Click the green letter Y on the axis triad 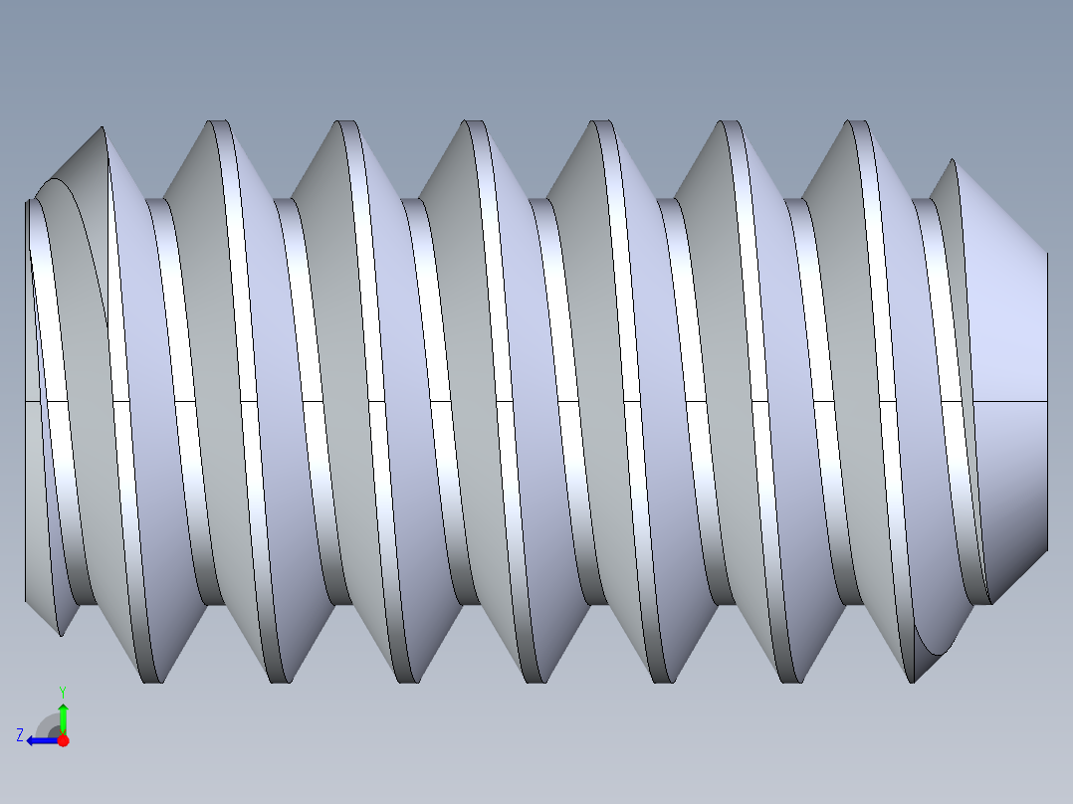[x=62, y=691]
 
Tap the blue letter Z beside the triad [x=20, y=734]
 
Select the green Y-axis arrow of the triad [x=63, y=716]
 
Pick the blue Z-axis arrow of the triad [x=40, y=740]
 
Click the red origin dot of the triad [x=63, y=740]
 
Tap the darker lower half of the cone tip [x=1010, y=478]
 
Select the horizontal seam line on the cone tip [x=1010, y=401]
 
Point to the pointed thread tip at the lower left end [x=61, y=633]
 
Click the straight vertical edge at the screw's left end [x=25, y=398]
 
